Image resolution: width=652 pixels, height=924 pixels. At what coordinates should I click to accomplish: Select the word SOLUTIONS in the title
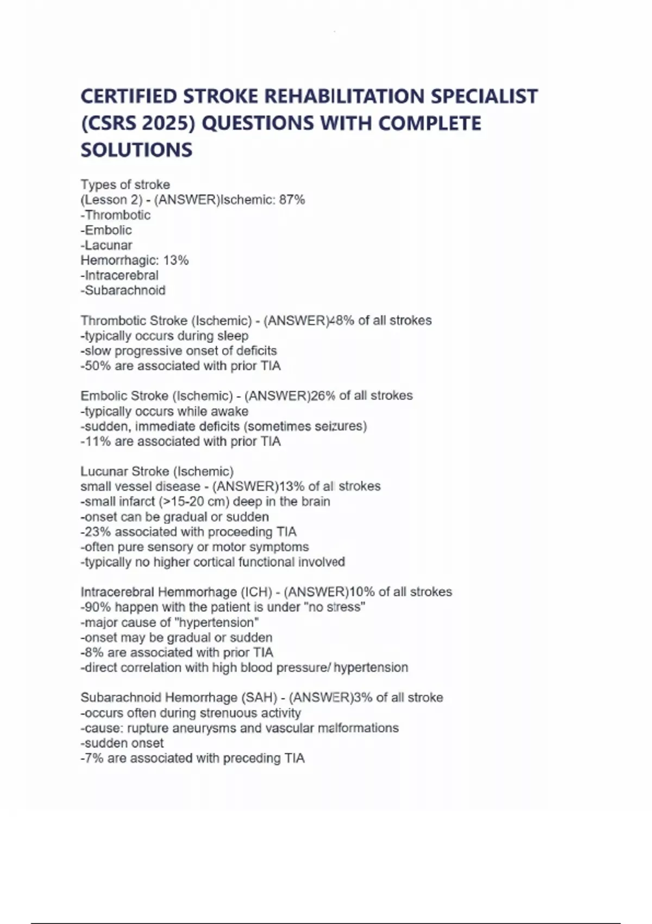click(x=136, y=150)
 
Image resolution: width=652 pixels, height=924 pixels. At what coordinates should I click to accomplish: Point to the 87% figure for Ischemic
click(x=292, y=200)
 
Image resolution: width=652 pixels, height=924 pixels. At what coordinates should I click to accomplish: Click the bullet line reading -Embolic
click(x=106, y=230)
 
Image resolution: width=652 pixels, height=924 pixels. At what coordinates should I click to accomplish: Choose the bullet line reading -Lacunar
click(x=106, y=245)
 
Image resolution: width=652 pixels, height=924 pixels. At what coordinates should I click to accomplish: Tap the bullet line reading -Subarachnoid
click(x=123, y=290)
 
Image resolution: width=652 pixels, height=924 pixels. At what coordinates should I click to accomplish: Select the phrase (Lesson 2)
click(x=111, y=200)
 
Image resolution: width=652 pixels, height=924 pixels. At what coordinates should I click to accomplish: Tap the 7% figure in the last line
click(x=94, y=758)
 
